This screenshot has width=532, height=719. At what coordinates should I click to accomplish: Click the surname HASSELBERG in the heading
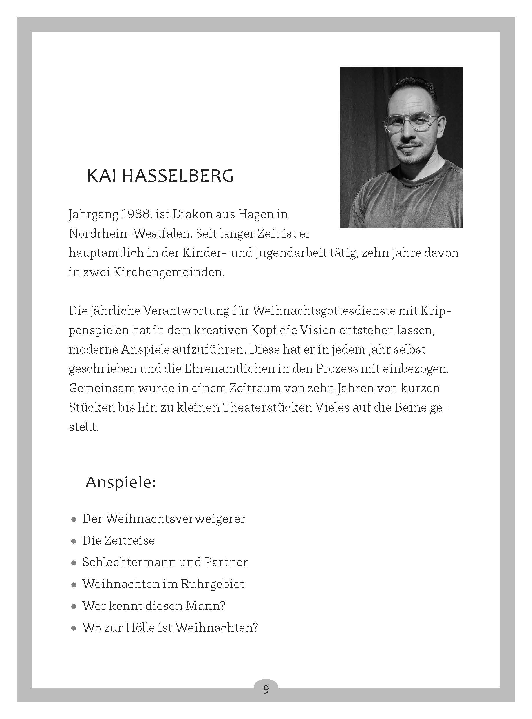[x=178, y=176]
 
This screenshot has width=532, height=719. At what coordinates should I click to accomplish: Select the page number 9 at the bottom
[x=266, y=690]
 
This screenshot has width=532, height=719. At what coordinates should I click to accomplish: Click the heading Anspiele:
[x=121, y=483]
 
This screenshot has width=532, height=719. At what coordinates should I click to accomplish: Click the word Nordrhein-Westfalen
[x=129, y=234]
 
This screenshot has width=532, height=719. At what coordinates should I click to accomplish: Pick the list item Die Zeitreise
[x=118, y=540]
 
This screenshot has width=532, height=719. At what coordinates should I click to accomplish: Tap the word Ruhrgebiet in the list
[x=213, y=584]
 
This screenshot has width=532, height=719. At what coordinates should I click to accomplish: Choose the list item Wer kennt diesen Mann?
[x=153, y=606]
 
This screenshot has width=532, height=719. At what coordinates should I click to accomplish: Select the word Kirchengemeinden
[x=169, y=272]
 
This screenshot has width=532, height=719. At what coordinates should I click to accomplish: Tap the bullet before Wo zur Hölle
[x=74, y=628]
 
